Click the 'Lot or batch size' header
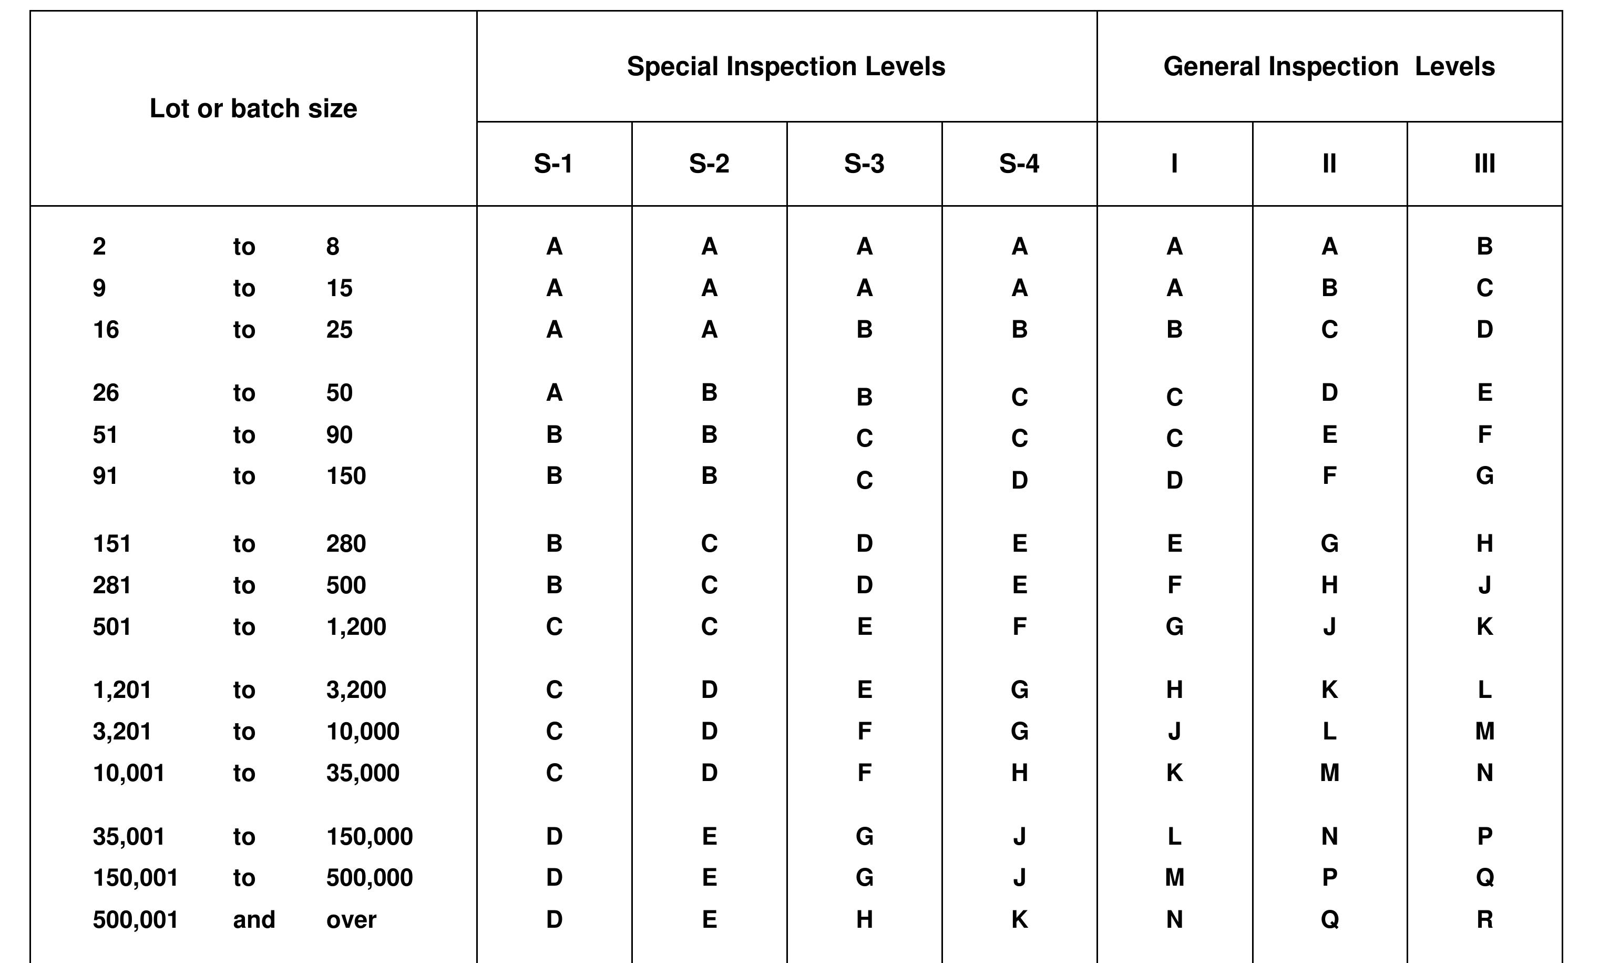(x=253, y=108)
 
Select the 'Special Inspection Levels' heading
(x=785, y=67)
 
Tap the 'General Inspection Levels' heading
(x=1329, y=67)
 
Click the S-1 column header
(x=553, y=164)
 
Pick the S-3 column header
(x=864, y=164)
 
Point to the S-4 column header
(x=1019, y=164)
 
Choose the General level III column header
(x=1484, y=164)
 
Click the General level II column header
(x=1329, y=164)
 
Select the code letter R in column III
(x=1484, y=919)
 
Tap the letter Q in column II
(x=1329, y=919)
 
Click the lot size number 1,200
(x=356, y=627)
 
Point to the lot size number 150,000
(x=369, y=836)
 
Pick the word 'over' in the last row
(x=351, y=919)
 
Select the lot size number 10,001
(x=128, y=773)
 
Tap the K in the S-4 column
(x=1019, y=919)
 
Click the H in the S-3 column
(x=864, y=919)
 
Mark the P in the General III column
(x=1484, y=836)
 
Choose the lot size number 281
(x=111, y=585)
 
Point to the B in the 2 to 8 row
(x=1484, y=247)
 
